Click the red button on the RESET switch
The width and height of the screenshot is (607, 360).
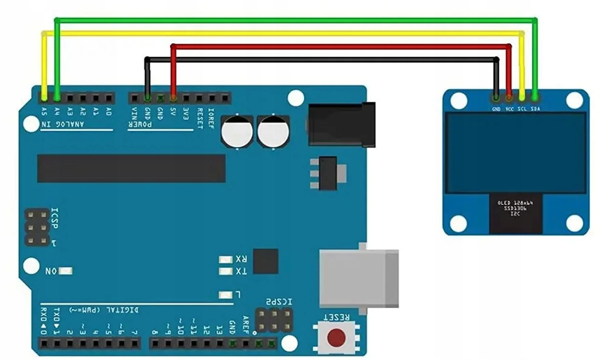pyautogui.click(x=336, y=337)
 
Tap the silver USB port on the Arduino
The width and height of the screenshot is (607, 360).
pyautogui.click(x=358, y=278)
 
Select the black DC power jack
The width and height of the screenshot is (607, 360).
pyautogui.click(x=341, y=124)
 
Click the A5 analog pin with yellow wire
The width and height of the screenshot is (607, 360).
pyautogui.click(x=45, y=96)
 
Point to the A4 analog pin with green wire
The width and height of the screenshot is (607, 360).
pyautogui.click(x=58, y=96)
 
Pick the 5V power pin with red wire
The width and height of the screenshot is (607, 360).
pyautogui.click(x=173, y=97)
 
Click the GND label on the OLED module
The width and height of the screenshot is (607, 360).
pyautogui.click(x=496, y=108)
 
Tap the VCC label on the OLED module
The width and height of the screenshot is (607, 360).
pyautogui.click(x=509, y=108)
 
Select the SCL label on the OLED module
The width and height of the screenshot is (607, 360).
pyautogui.click(x=522, y=108)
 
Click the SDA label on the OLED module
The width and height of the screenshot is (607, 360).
pyautogui.click(x=535, y=108)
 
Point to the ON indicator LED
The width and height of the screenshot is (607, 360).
pyautogui.click(x=66, y=271)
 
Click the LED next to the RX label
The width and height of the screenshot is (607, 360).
pyautogui.click(x=225, y=259)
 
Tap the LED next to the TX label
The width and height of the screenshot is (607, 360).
pyautogui.click(x=225, y=271)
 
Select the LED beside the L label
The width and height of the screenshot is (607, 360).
pyautogui.click(x=225, y=295)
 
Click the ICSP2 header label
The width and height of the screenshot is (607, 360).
pyautogui.click(x=279, y=301)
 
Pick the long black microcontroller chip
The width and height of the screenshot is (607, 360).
pyautogui.click(x=131, y=168)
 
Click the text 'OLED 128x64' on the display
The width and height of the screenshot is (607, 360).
pyautogui.click(x=516, y=203)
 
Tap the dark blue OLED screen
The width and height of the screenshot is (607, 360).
pyautogui.click(x=516, y=152)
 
